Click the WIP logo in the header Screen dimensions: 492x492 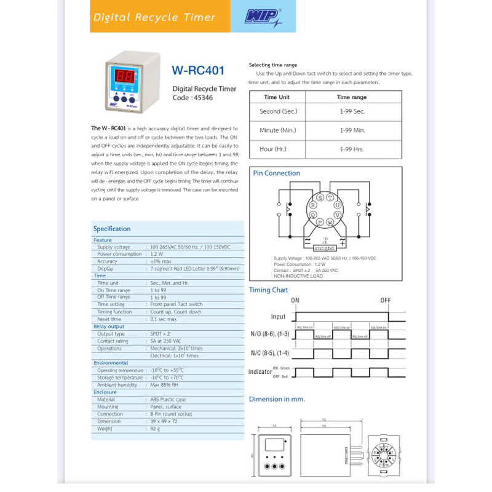click(263, 17)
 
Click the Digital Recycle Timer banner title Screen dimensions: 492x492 click(154, 17)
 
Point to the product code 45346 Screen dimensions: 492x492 click(202, 97)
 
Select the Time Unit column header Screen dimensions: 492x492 click(277, 97)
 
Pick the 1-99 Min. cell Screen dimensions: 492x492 click(352, 130)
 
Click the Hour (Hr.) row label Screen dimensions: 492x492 click(272, 149)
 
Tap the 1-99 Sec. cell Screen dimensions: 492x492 click(352, 111)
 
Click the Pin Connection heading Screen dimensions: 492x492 click(277, 173)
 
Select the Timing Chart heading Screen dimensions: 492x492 click(269, 290)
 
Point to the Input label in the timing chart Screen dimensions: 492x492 click(279, 317)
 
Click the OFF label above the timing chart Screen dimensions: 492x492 click(385, 300)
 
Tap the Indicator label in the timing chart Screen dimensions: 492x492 click(260, 372)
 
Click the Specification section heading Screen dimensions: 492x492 click(112, 229)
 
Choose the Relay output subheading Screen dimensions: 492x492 click(109, 327)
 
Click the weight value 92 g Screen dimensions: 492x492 click(155, 429)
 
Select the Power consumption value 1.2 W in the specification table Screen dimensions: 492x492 click(156, 254)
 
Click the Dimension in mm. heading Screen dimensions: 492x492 click(277, 399)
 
